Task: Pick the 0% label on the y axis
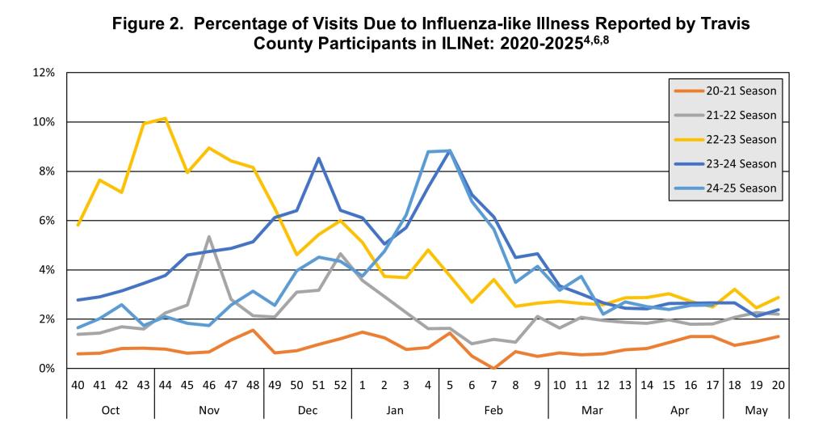tap(46, 369)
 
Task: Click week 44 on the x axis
tap(165, 385)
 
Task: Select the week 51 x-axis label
tap(318, 385)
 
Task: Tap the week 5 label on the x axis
tap(450, 385)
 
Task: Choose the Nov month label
tap(209, 410)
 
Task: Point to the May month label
tap(757, 410)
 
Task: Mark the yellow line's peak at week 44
tap(165, 119)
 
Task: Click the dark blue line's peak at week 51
tap(319, 158)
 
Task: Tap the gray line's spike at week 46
tap(209, 237)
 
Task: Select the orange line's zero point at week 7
tap(493, 368)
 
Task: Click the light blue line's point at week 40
tap(78, 327)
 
